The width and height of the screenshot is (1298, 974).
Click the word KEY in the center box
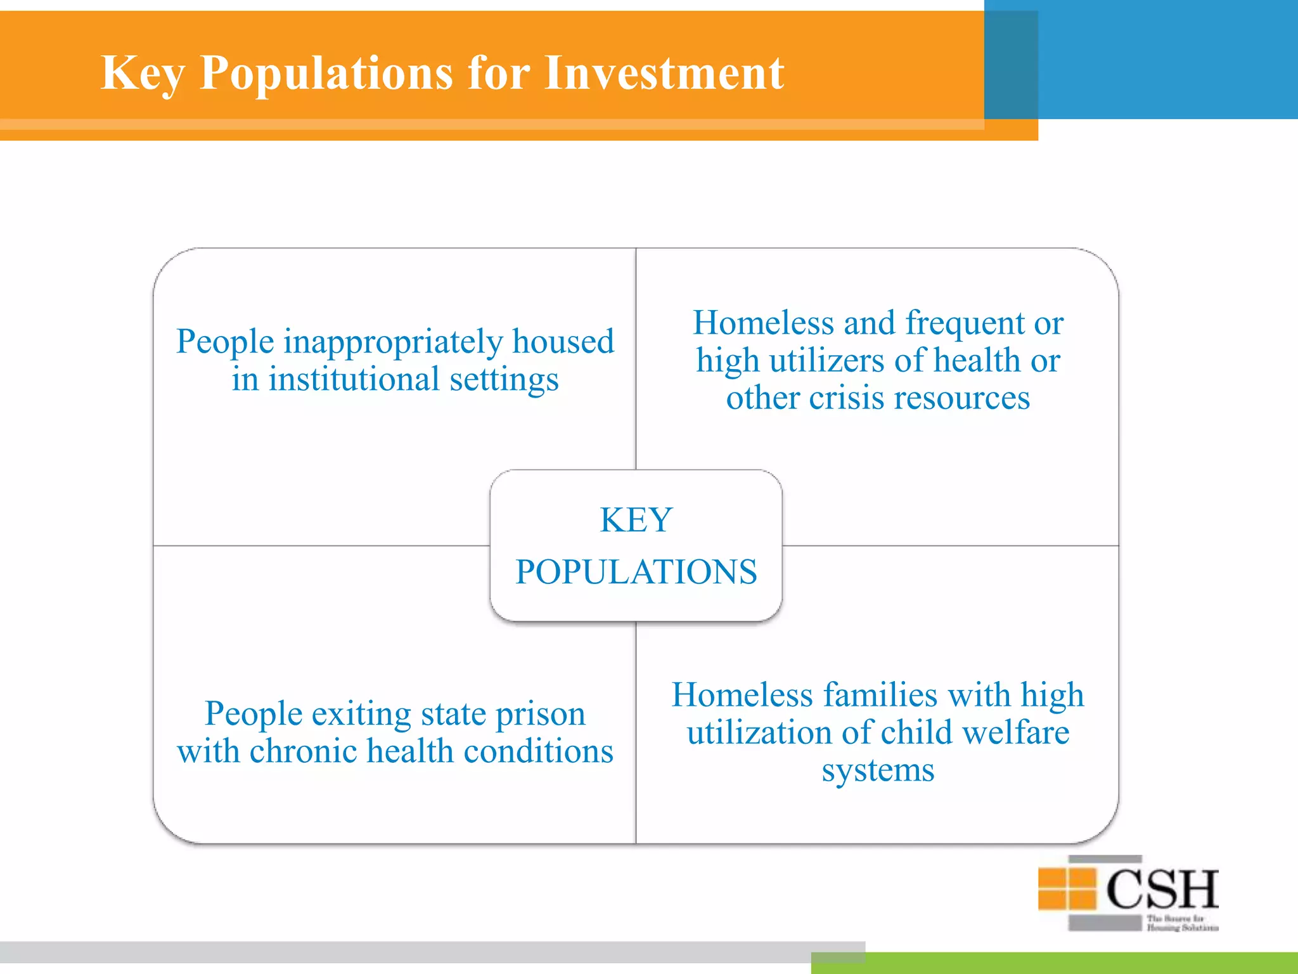pyautogui.click(x=636, y=521)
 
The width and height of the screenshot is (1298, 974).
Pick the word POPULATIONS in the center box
pyautogui.click(x=636, y=572)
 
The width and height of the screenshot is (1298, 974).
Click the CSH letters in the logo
pyautogui.click(x=1162, y=889)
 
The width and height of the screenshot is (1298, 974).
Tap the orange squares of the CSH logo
pyautogui.click(x=1067, y=888)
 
